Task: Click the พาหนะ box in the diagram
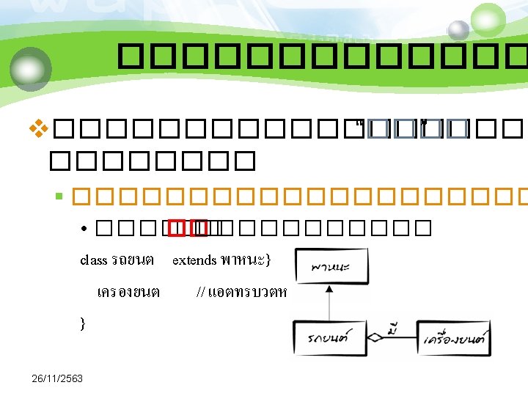coord(329,265)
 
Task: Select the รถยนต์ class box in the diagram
coord(329,340)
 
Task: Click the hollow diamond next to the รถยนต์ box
coord(375,339)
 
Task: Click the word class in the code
coord(93,260)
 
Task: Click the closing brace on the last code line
coord(82,323)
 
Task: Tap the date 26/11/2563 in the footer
coord(58,378)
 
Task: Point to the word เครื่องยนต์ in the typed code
coord(128,292)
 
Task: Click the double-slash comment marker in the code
coord(201,292)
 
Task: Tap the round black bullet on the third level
coord(86,229)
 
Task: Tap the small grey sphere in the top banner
coord(458,30)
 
